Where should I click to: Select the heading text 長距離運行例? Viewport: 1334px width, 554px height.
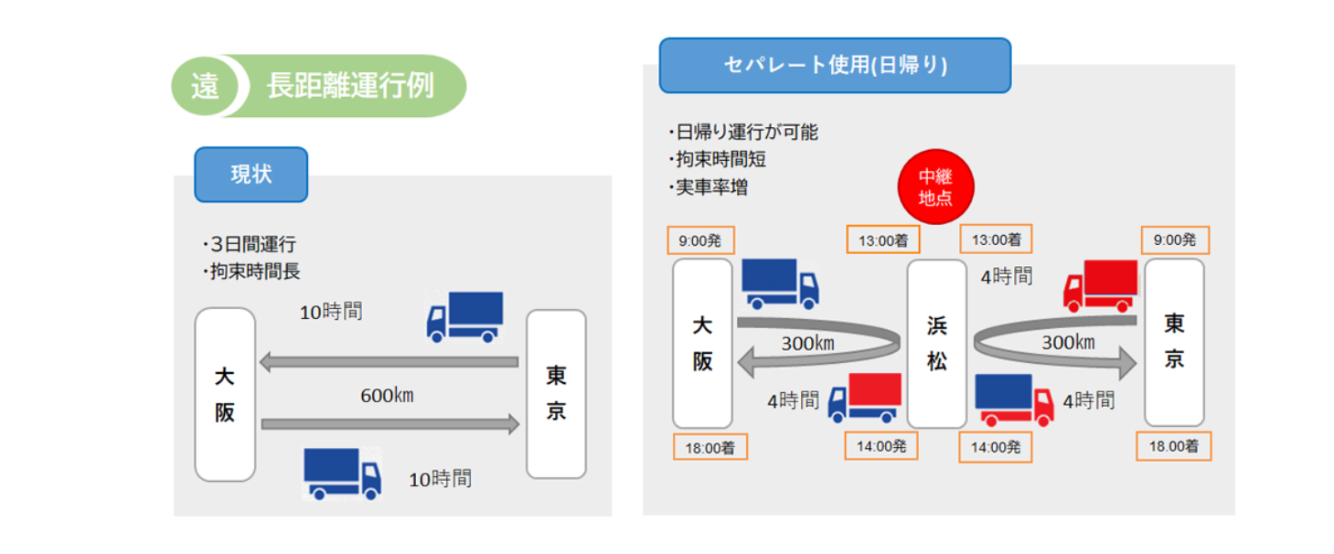click(x=350, y=86)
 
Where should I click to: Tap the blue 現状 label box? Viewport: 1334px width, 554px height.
click(x=251, y=175)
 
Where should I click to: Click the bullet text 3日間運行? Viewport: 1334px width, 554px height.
click(x=251, y=244)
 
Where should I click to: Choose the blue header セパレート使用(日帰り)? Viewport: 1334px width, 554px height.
click(x=835, y=65)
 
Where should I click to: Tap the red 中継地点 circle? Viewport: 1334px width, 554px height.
click(x=934, y=186)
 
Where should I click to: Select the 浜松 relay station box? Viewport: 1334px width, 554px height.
click(x=936, y=344)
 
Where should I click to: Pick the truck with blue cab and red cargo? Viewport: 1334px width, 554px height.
click(x=864, y=399)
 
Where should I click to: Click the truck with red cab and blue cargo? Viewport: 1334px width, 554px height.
click(x=1014, y=400)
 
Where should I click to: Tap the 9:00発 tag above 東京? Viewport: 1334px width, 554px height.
click(x=1174, y=240)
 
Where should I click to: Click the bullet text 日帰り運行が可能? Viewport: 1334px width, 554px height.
click(x=745, y=133)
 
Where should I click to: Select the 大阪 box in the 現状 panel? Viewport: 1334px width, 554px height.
click(x=225, y=395)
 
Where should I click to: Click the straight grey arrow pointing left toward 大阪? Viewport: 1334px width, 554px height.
click(x=389, y=363)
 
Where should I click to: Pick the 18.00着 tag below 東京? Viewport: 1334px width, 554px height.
click(x=1174, y=446)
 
